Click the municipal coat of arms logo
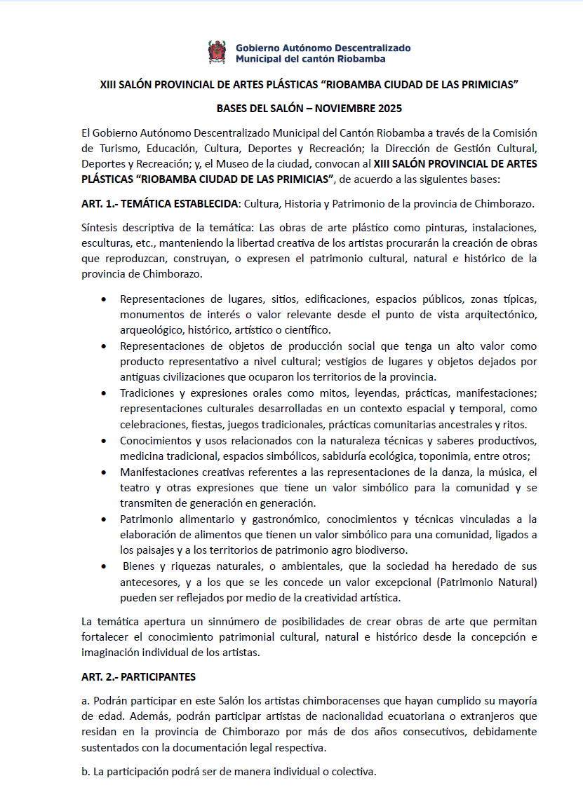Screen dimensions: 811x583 (217, 53)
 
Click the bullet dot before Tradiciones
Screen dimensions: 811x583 (105, 393)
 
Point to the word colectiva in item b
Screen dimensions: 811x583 (352, 772)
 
